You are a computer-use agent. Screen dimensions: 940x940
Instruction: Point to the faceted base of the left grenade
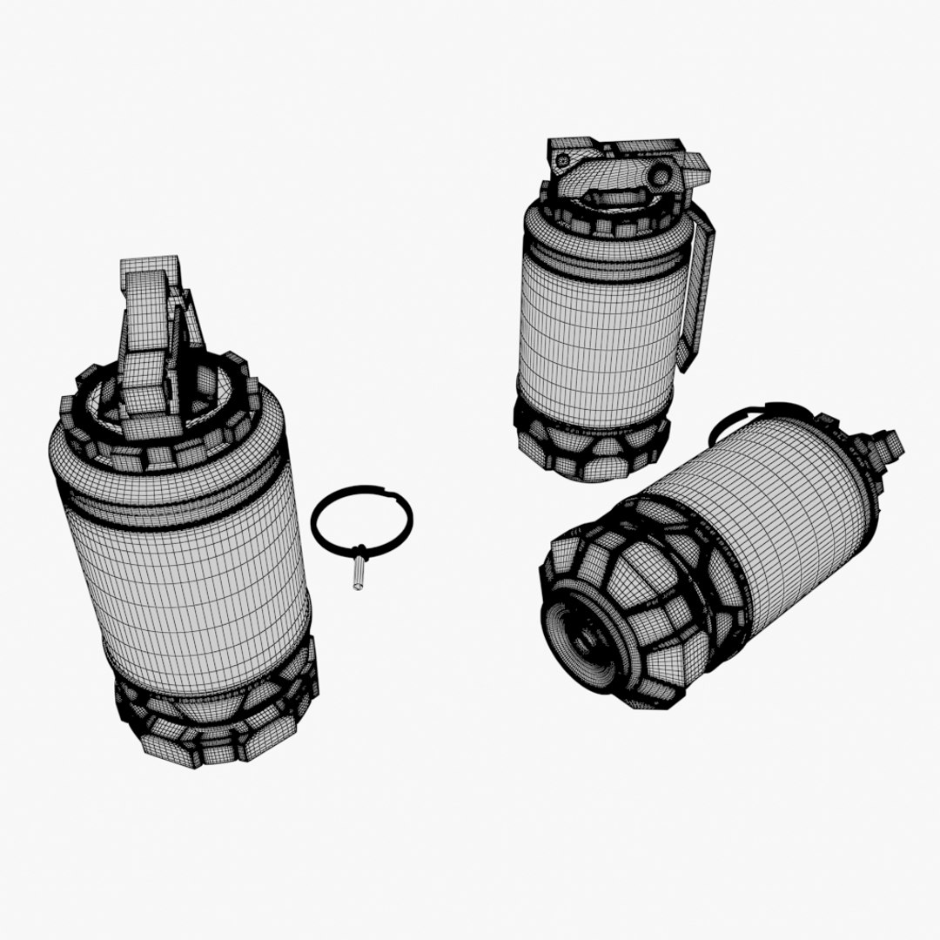point(218,722)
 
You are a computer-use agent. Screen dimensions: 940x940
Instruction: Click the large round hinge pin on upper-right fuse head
point(661,176)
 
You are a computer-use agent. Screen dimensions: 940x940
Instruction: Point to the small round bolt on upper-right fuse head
point(563,160)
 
